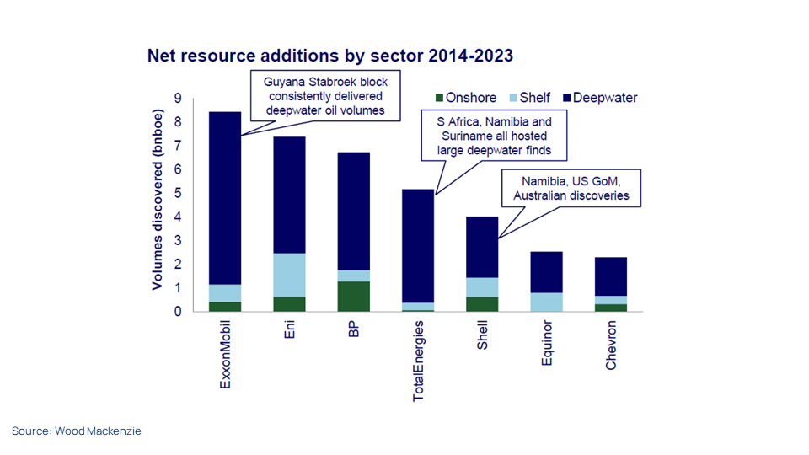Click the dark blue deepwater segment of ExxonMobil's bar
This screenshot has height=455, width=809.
[x=225, y=198]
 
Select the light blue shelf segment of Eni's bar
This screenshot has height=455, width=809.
[x=289, y=275]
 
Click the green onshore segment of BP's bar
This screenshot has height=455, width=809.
[x=353, y=296]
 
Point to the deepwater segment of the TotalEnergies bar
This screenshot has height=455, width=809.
[x=418, y=244]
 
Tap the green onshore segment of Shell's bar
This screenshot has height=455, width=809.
[x=482, y=303]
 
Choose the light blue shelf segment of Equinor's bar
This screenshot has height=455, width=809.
[x=546, y=302]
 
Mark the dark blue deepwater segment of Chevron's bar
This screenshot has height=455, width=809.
[x=610, y=276]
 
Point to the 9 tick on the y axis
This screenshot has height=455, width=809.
[x=178, y=99]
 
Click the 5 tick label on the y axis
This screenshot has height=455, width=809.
[x=178, y=193]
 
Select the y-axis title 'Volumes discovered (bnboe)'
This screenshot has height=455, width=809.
[x=158, y=205]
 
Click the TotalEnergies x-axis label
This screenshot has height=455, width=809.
[x=418, y=360]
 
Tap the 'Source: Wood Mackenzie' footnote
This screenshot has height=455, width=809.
[x=77, y=431]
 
